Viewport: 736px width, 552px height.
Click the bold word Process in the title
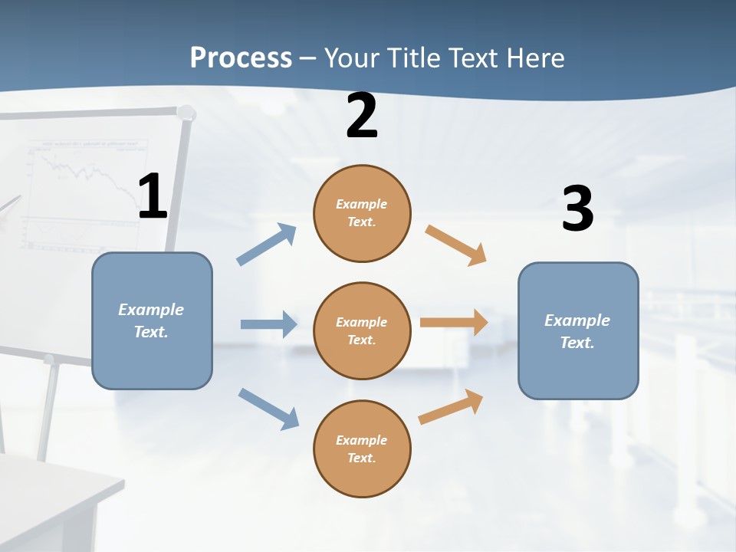241,58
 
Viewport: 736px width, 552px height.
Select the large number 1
153,197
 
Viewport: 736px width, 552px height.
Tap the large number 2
362,116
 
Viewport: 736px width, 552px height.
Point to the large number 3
577,209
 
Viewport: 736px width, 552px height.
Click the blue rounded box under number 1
152,320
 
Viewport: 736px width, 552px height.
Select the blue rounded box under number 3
578,330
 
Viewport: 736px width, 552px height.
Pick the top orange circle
362,213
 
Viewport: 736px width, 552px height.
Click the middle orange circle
362,330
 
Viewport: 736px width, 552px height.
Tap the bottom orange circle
362,449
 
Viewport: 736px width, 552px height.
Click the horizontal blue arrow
268,324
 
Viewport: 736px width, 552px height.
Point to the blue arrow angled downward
268,408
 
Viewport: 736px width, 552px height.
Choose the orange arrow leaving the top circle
456,245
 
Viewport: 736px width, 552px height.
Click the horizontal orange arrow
454,323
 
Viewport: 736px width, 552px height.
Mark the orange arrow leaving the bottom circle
452,406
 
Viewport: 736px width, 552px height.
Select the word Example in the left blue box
151,309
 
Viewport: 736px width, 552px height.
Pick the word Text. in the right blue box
577,343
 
